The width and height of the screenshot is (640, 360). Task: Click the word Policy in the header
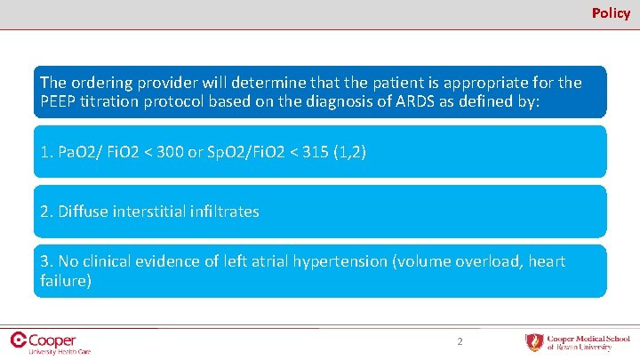(x=611, y=13)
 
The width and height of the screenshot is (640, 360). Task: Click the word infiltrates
(x=222, y=212)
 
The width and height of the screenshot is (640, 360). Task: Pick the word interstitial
(x=149, y=212)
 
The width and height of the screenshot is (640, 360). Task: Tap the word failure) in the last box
(x=65, y=281)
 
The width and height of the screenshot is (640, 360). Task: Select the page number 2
(x=460, y=341)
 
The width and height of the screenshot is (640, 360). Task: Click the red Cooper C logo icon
(x=17, y=339)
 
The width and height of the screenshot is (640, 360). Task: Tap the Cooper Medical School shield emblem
(x=534, y=342)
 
